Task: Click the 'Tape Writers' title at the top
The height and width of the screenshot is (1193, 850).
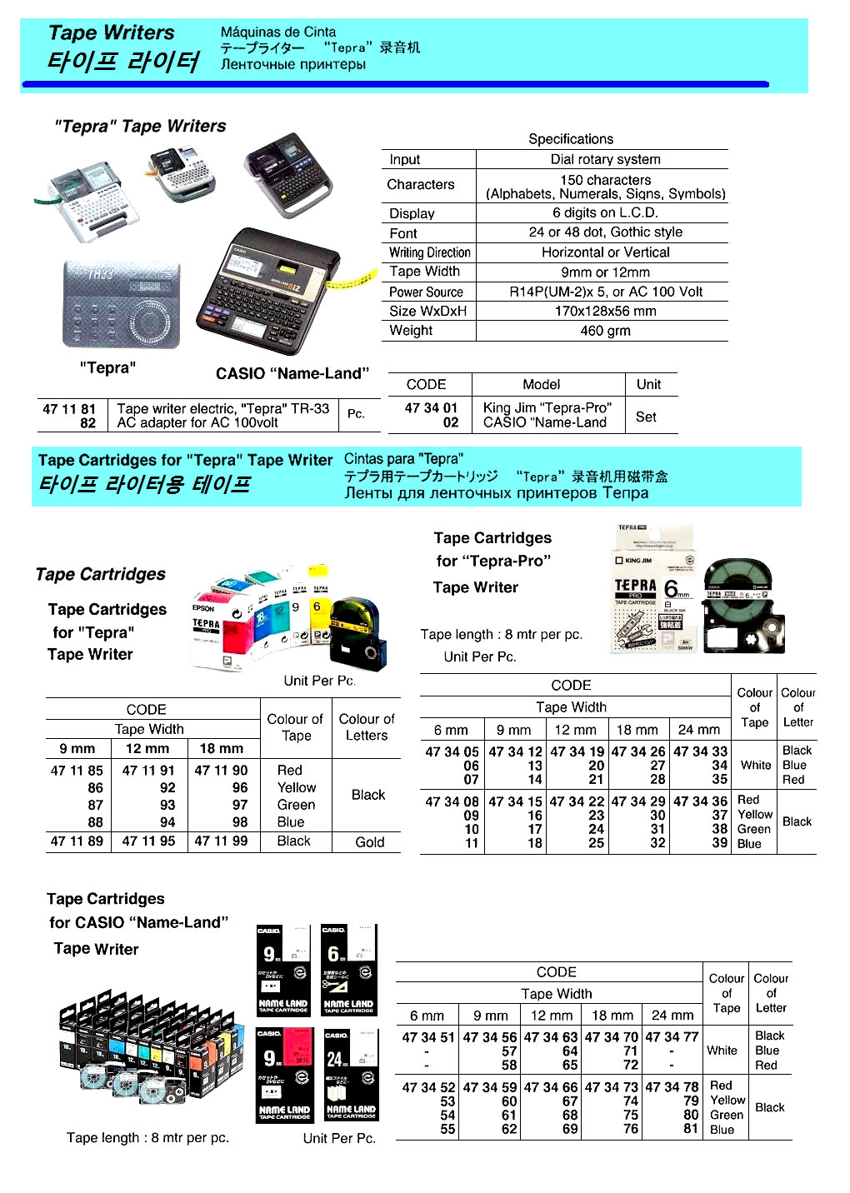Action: (112, 33)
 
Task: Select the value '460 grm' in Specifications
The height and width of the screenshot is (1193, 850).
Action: (605, 331)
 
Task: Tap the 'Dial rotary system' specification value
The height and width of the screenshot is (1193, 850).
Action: (605, 159)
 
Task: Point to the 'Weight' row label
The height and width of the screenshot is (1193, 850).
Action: (411, 331)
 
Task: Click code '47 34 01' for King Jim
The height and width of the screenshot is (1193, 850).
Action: (431, 408)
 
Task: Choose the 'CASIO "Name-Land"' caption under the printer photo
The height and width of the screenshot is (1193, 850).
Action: (292, 374)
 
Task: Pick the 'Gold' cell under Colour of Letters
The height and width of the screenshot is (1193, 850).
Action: (369, 842)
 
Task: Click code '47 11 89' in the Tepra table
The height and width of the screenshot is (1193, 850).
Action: (77, 841)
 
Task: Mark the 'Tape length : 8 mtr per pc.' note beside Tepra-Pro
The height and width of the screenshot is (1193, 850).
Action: (501, 635)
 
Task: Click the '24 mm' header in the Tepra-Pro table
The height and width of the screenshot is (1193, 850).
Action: (698, 730)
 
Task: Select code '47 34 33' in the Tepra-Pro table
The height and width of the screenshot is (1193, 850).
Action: (700, 751)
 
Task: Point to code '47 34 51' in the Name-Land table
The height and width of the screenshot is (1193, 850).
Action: (427, 1037)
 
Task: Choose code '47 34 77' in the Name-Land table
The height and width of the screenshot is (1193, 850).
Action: (671, 1037)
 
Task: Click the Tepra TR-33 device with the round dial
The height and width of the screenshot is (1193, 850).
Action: (121, 303)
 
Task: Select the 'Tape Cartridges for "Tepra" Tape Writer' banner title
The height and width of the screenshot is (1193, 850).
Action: (185, 460)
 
